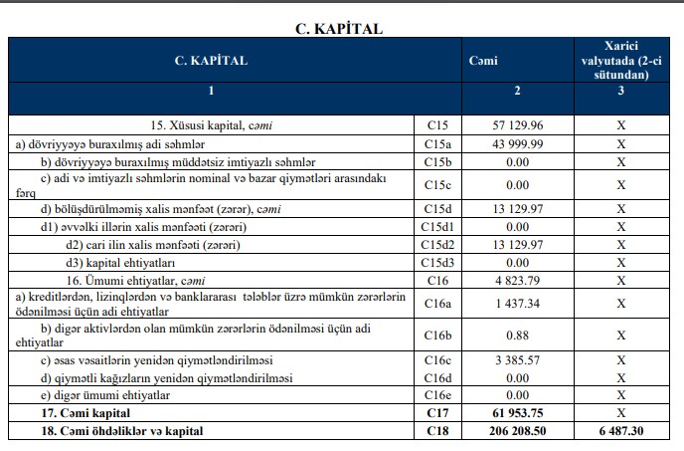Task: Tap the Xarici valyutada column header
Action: click(620, 61)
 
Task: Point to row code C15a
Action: click(438, 144)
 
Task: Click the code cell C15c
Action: click(438, 184)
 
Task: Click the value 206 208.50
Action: click(513, 429)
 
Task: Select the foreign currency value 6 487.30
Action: click(620, 429)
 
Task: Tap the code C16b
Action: click(438, 334)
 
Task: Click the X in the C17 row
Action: click(620, 411)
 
